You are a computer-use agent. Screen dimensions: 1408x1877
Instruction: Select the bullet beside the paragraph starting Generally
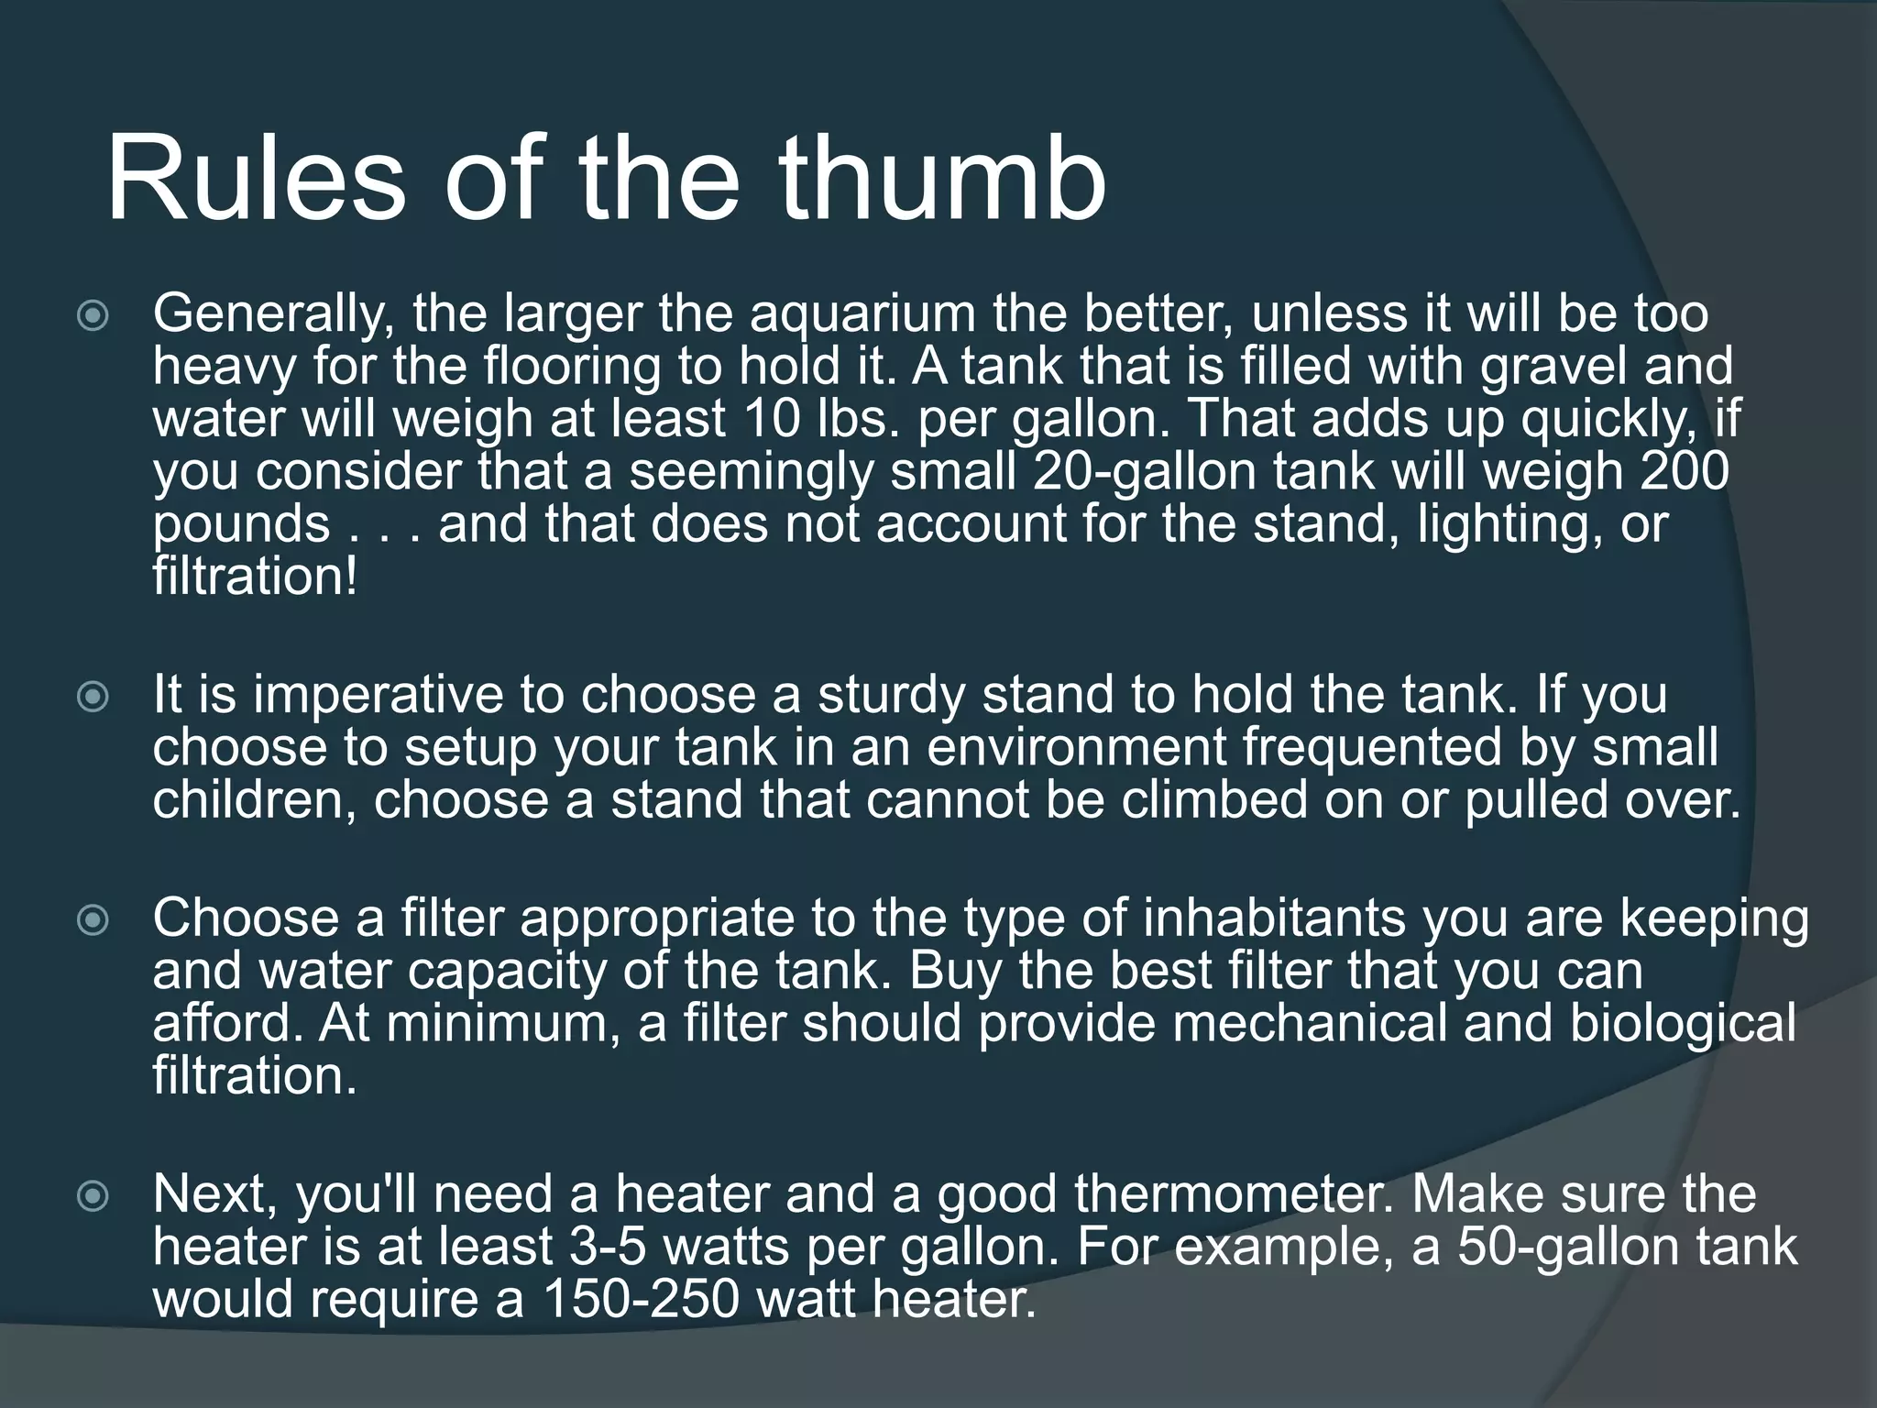click(93, 317)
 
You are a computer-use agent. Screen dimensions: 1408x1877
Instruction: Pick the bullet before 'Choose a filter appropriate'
click(93, 921)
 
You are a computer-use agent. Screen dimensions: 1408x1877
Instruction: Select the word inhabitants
click(1275, 918)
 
